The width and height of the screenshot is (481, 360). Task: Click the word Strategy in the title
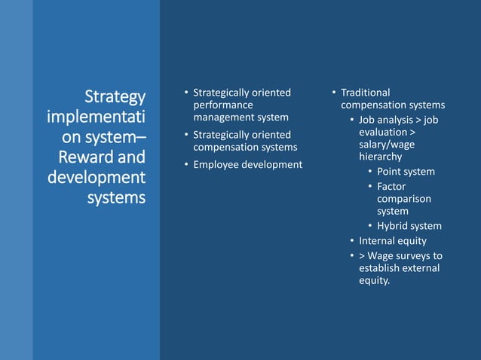click(x=115, y=97)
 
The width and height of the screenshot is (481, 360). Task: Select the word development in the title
click(x=96, y=178)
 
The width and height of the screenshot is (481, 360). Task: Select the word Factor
click(x=391, y=186)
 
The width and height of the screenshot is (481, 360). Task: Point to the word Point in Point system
click(x=390, y=172)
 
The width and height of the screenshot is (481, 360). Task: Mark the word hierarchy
click(x=380, y=157)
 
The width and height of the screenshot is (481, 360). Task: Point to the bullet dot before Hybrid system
click(x=369, y=226)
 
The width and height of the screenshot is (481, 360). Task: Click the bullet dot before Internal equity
click(x=351, y=241)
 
